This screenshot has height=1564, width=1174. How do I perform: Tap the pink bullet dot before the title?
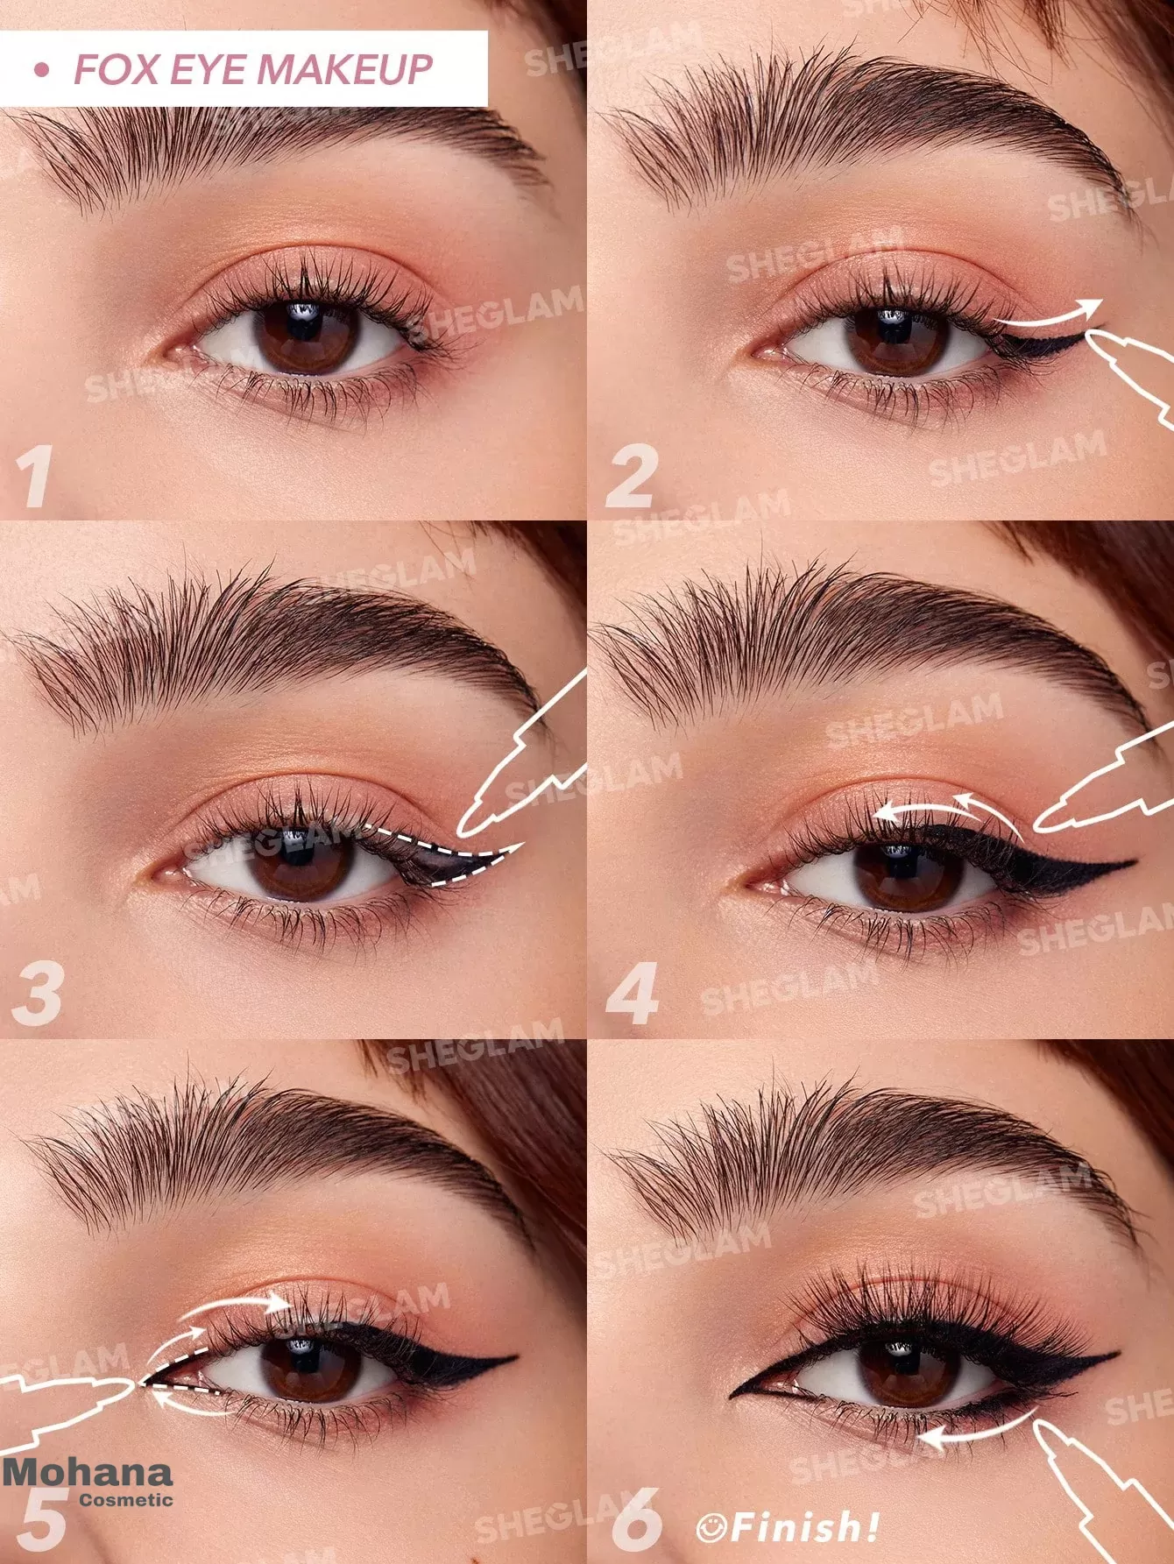pos(39,70)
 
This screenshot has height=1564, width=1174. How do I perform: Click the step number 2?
pos(631,478)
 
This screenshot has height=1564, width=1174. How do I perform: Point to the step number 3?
pos(37,994)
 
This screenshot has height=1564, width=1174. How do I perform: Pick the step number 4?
pos(633,994)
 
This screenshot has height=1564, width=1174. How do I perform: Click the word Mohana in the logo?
pos(88,1473)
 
